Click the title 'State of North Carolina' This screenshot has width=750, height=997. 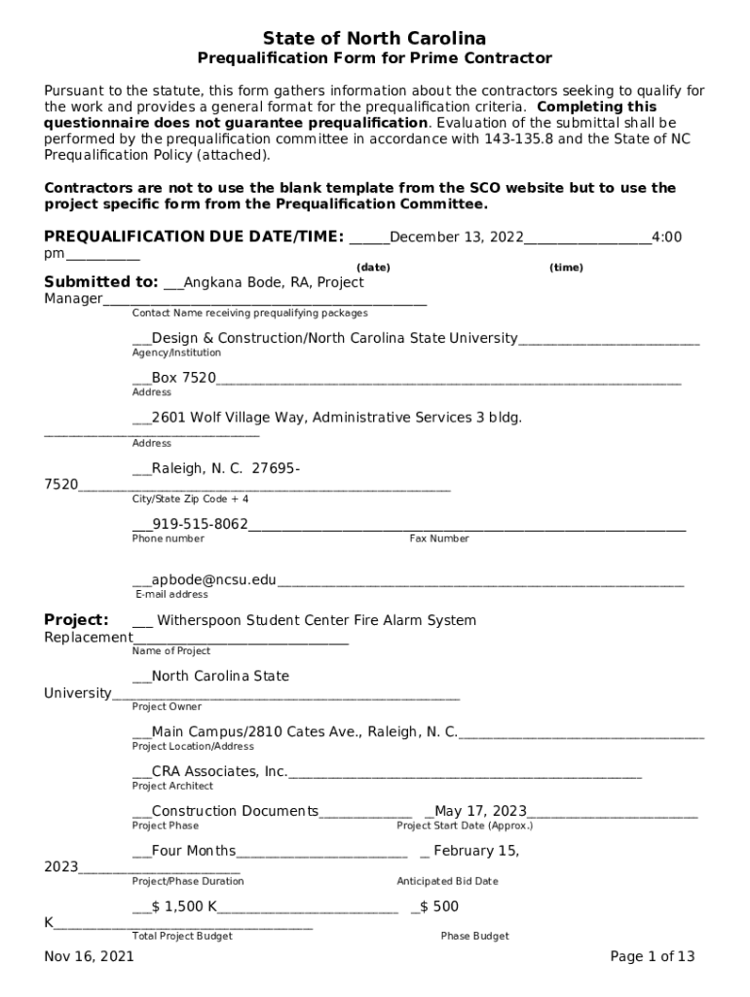[x=375, y=38]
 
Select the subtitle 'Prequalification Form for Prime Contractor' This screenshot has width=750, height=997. [x=375, y=58]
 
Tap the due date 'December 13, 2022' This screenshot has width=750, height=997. [x=456, y=237]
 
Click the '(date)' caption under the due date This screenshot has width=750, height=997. [x=373, y=267]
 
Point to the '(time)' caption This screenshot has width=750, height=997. [x=566, y=267]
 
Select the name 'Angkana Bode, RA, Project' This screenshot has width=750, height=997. [x=274, y=282]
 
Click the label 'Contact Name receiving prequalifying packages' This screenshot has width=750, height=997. [x=250, y=314]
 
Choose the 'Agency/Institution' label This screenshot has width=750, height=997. [x=176, y=352]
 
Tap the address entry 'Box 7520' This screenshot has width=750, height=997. [x=184, y=378]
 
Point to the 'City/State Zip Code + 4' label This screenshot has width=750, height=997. [x=190, y=498]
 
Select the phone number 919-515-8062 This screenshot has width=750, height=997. [x=200, y=525]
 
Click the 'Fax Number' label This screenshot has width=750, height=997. [x=438, y=538]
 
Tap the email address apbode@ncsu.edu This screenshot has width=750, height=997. [x=213, y=580]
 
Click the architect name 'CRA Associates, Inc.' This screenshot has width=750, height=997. [x=219, y=771]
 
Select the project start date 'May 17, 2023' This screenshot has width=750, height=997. [x=480, y=811]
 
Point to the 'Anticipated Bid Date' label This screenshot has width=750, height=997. [x=447, y=881]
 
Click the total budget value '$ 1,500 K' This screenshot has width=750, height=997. [x=184, y=906]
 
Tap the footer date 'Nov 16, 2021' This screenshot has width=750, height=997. [x=89, y=956]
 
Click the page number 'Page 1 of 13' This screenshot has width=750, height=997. [x=652, y=956]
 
